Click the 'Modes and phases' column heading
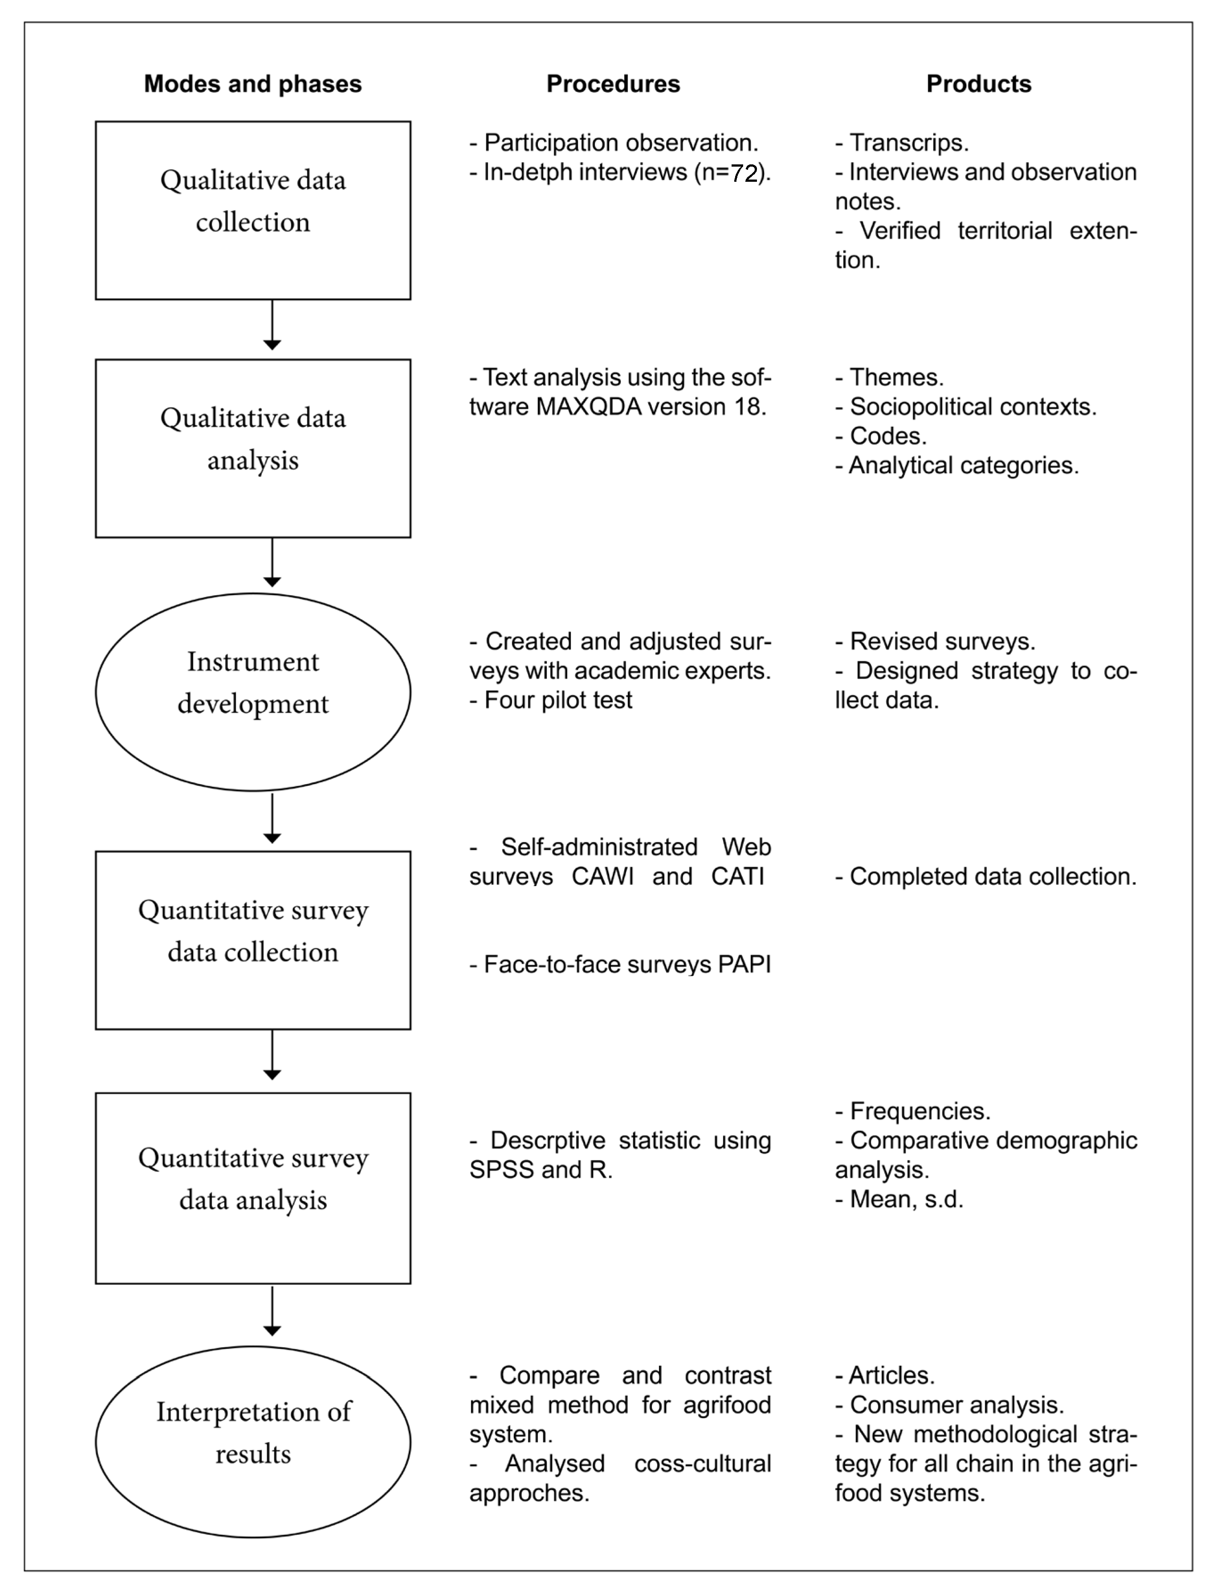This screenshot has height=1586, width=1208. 252,84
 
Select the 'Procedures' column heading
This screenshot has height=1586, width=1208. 613,84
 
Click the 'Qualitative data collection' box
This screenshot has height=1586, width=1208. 252,210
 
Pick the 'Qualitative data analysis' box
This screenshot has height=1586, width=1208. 252,448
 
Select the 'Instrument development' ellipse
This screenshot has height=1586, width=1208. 252,691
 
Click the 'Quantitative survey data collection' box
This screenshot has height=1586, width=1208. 252,940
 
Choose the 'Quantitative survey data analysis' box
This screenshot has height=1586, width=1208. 252,1188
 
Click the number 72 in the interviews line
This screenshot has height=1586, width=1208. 744,173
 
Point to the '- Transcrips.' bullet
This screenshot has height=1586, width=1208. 902,143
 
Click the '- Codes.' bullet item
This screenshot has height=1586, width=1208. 881,437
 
